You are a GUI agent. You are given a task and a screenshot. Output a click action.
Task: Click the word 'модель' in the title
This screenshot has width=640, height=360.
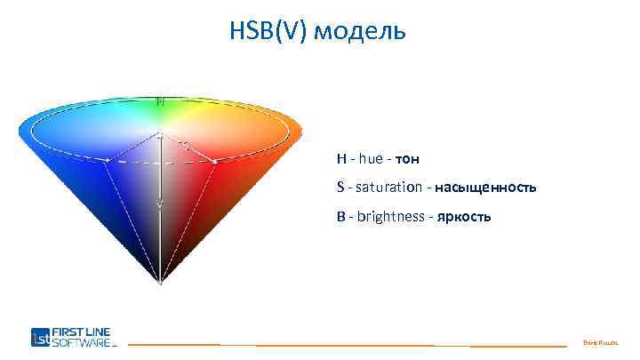[x=363, y=33]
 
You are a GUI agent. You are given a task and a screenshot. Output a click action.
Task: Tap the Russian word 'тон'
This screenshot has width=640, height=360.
[x=407, y=159]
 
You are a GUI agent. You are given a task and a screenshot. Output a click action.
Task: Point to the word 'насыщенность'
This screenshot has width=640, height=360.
[x=485, y=188]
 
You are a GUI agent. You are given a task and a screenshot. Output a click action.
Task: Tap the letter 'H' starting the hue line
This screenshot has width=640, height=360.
[x=341, y=159]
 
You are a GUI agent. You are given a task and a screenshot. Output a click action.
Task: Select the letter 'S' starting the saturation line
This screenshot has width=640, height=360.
[x=340, y=188]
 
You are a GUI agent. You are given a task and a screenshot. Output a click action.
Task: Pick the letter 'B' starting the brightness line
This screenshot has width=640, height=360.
[x=341, y=218]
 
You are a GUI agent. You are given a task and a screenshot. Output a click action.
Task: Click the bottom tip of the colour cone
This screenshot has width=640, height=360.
[x=160, y=283]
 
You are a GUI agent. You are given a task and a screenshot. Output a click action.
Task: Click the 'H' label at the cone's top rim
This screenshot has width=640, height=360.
[x=160, y=102]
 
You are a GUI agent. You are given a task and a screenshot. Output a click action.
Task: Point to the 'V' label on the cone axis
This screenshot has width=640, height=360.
[x=160, y=204]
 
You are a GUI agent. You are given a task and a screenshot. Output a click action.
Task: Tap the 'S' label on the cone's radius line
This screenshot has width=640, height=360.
[x=185, y=143]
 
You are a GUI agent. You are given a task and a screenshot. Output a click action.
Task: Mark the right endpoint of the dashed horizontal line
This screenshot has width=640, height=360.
[x=216, y=161]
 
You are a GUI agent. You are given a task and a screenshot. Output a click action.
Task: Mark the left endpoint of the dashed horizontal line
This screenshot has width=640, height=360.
[x=108, y=161]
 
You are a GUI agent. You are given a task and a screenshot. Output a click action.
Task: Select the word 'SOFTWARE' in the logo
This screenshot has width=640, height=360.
[x=81, y=341]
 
